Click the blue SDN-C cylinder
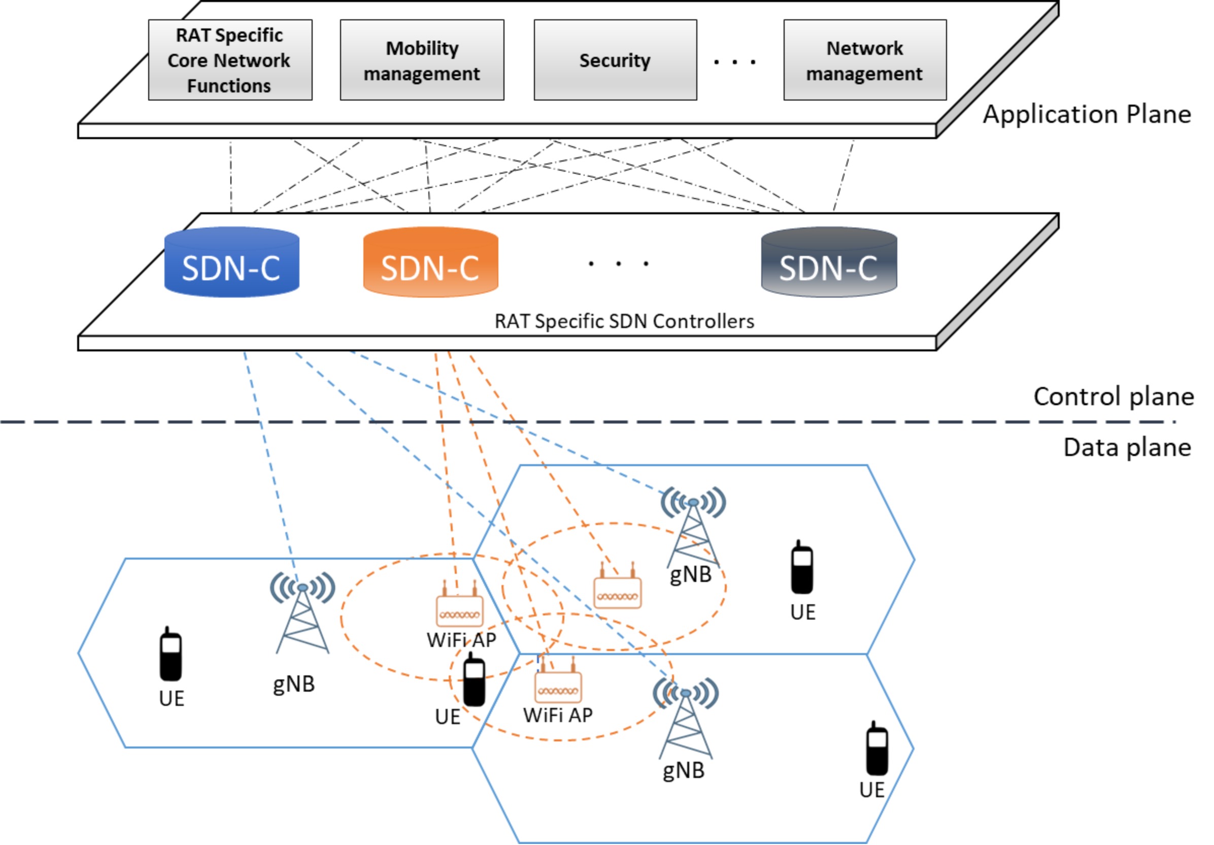click(231, 262)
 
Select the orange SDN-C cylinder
click(430, 262)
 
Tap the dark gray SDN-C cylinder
click(829, 262)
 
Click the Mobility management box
click(422, 60)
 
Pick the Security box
click(615, 60)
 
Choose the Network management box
click(864, 60)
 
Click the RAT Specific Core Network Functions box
click(230, 60)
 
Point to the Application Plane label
click(1087, 114)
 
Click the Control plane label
click(1114, 396)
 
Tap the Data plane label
click(1127, 447)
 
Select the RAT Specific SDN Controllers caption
click(624, 321)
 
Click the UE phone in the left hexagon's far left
click(171, 654)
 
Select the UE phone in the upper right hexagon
click(801, 567)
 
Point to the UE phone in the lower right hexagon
click(876, 749)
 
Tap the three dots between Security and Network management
click(734, 62)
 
